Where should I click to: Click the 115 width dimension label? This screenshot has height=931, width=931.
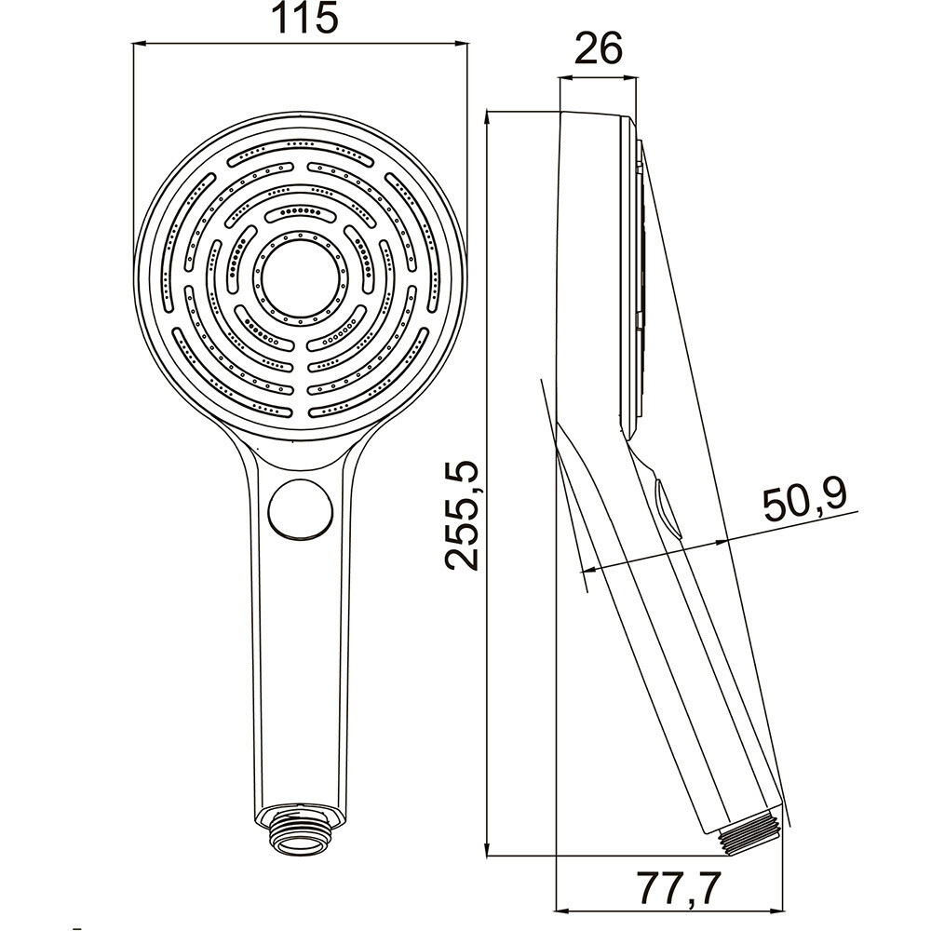point(304,19)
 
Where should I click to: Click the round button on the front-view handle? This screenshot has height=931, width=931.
point(300,509)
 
